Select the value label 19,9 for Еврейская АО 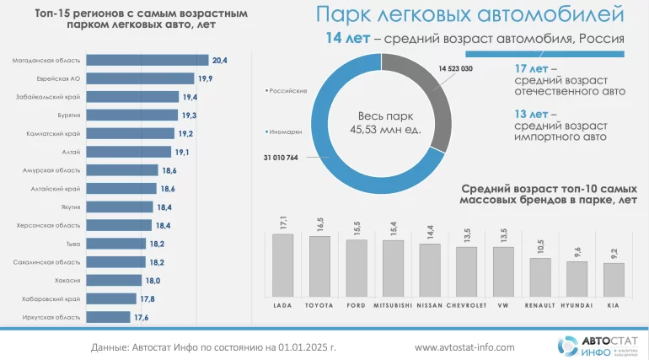tap(206, 78)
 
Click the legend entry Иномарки tap(287, 131)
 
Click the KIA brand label tap(614, 304)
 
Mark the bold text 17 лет tap(532, 67)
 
